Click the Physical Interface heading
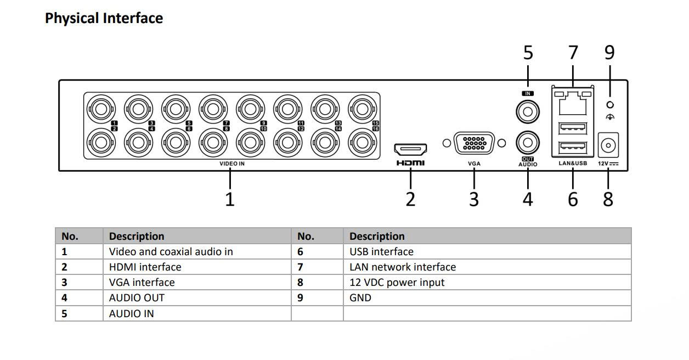[104, 18]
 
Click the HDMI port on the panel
[410, 149]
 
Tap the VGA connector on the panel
[473, 143]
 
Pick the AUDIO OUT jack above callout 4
[528, 143]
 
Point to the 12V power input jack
[608, 145]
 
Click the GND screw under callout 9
[610, 105]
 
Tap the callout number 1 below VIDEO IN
[230, 199]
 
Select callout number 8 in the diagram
[608, 199]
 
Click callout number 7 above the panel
[573, 53]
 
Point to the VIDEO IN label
[232, 164]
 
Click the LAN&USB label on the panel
[573, 164]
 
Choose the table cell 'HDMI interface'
[145, 267]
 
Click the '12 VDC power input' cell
[397, 283]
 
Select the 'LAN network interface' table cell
[402, 267]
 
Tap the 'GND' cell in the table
[360, 298]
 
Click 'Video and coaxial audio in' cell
[171, 252]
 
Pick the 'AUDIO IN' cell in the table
[131, 314]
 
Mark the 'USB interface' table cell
[381, 252]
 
